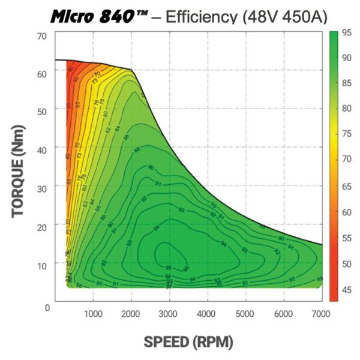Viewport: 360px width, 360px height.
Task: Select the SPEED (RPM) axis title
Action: pyautogui.click(x=188, y=341)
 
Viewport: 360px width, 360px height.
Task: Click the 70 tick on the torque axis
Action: pyautogui.click(x=41, y=37)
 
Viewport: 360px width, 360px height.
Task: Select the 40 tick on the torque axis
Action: pyautogui.click(x=41, y=148)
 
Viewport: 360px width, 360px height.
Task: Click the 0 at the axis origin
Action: pyautogui.click(x=47, y=307)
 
